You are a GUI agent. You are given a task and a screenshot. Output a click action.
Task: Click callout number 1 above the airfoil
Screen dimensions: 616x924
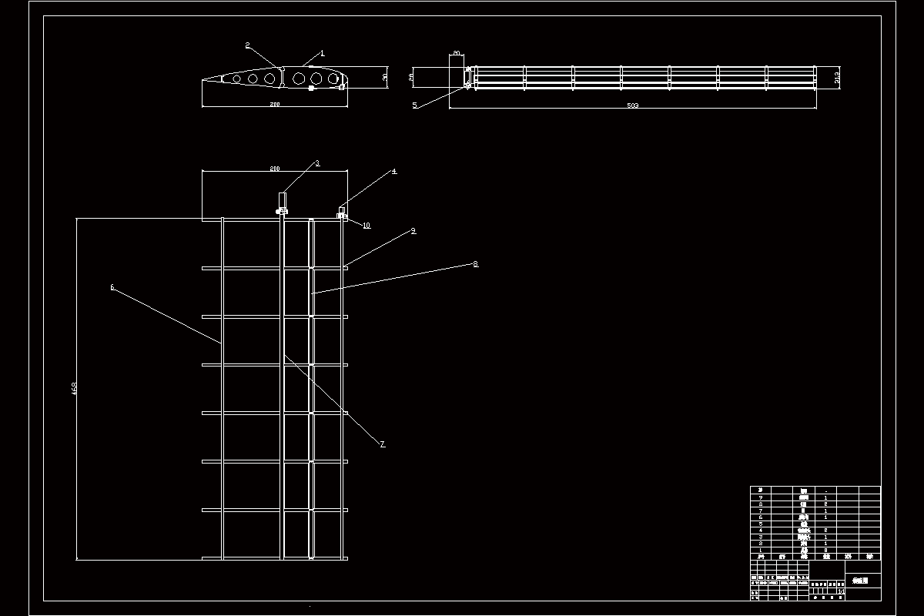(323, 53)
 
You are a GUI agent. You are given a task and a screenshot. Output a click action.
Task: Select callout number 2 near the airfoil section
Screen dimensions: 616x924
(247, 45)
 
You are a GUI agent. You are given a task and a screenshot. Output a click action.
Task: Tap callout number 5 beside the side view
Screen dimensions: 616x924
(414, 105)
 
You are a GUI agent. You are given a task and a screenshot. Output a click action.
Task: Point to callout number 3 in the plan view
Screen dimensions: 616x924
(316, 163)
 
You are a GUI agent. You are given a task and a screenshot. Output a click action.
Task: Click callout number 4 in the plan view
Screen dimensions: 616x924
(393, 171)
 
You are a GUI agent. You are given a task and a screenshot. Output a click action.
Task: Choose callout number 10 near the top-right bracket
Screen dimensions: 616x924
(367, 226)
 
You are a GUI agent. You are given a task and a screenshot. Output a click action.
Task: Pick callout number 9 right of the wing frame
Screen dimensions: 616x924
(413, 230)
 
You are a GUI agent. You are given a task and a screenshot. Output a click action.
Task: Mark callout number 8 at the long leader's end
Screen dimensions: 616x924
(475, 263)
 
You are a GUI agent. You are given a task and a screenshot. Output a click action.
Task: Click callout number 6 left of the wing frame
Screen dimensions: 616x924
(112, 287)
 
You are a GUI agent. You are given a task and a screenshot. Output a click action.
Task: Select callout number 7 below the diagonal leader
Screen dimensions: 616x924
(383, 444)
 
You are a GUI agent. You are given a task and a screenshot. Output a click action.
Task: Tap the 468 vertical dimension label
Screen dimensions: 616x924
(75, 389)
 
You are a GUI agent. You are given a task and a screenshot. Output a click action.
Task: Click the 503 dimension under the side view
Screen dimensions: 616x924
(633, 105)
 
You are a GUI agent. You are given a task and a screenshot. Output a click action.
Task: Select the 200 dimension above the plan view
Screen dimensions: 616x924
(274, 168)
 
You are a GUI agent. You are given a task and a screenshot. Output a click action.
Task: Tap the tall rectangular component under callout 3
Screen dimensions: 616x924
(282, 199)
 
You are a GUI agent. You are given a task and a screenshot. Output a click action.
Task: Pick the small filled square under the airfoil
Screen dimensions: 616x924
(310, 89)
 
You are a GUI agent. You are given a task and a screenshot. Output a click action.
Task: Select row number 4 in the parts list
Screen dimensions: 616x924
(760, 531)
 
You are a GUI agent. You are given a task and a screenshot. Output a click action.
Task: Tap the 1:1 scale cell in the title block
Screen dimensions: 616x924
(840, 591)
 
